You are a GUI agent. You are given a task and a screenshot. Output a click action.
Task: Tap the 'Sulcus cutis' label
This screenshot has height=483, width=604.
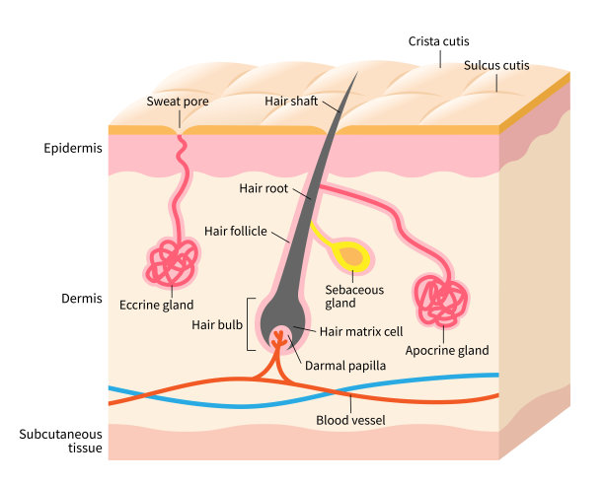pyautogui.click(x=496, y=66)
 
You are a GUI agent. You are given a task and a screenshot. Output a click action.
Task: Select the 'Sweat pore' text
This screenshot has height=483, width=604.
pyautogui.click(x=180, y=101)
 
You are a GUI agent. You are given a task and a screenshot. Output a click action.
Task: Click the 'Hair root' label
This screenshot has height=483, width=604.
pyautogui.click(x=264, y=187)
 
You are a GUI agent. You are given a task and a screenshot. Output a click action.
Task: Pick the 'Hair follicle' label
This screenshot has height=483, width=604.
pyautogui.click(x=236, y=231)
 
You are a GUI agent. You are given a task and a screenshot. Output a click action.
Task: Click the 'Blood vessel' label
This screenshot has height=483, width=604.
pyautogui.click(x=348, y=420)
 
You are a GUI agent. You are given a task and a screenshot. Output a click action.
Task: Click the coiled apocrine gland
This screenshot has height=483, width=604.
pyautogui.click(x=441, y=301)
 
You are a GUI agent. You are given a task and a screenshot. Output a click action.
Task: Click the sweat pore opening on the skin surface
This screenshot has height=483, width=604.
pyautogui.click(x=180, y=127)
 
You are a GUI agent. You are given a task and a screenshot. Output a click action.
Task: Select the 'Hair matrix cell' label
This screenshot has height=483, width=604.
pyautogui.click(x=361, y=331)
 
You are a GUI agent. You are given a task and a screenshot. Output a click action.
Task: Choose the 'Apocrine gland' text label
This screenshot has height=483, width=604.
pyautogui.click(x=447, y=350)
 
